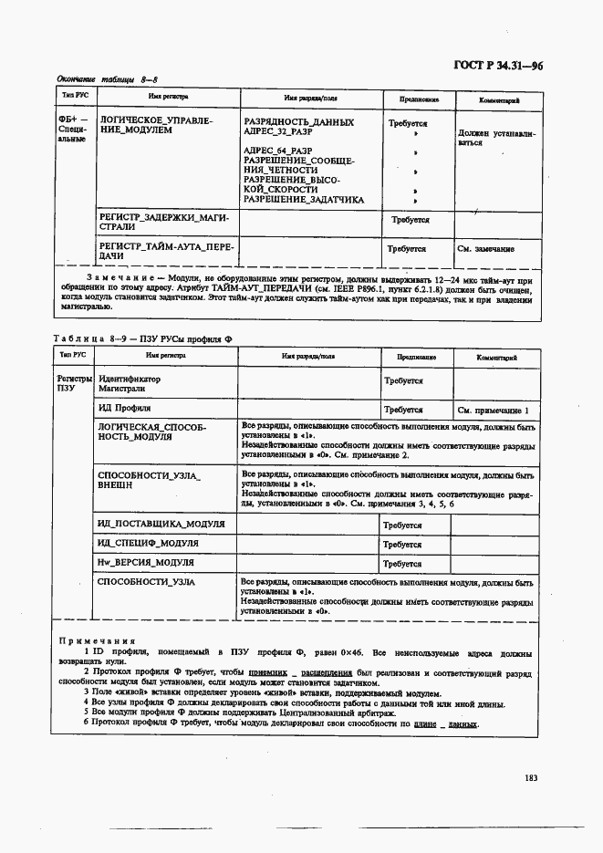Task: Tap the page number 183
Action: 533,777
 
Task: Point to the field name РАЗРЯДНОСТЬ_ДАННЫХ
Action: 298,122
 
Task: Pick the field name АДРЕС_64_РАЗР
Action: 278,151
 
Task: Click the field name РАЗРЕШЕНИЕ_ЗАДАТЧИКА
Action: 303,200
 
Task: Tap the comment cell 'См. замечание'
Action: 485,249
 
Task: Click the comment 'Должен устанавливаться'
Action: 496,138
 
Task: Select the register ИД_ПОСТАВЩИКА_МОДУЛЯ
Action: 161,525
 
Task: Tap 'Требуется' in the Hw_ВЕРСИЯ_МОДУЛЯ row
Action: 401,564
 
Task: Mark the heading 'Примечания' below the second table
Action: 96,640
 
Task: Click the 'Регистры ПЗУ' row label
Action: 74,382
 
